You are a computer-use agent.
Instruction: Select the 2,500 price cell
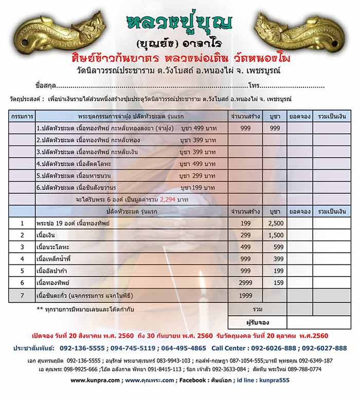tap(276, 224)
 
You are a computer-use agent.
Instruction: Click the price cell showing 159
tap(278, 283)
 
